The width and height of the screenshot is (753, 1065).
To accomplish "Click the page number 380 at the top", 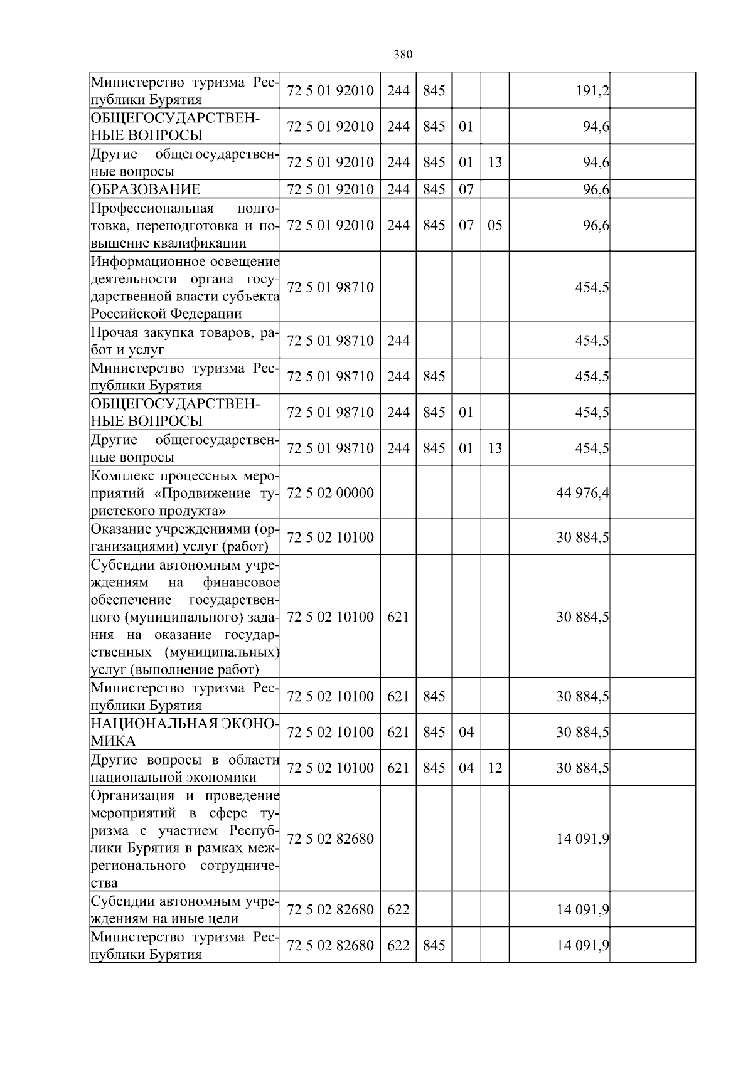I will (x=403, y=55).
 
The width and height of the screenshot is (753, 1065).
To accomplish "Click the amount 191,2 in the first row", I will (x=592, y=91).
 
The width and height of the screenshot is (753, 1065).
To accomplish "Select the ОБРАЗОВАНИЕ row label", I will (x=146, y=189).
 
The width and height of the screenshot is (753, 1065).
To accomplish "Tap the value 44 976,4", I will (x=582, y=493).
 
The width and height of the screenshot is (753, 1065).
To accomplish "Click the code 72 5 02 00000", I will (x=330, y=493).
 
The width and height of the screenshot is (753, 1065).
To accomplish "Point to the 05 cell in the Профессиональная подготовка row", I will (x=494, y=225).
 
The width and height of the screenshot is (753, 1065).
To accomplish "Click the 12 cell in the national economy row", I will (x=494, y=768).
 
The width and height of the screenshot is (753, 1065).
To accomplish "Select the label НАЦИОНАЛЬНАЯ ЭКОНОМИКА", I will (x=184, y=732).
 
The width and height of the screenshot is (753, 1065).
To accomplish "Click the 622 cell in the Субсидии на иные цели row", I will (x=398, y=909).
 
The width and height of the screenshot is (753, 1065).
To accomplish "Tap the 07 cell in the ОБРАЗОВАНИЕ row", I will (x=466, y=189).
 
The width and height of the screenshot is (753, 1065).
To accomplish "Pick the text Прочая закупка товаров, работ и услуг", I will (x=184, y=341).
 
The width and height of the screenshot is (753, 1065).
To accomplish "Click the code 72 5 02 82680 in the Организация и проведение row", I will (x=330, y=839).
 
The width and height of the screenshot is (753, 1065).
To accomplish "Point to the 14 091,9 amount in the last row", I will (x=582, y=945).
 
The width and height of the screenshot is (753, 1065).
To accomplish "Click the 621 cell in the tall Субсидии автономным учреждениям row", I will (x=398, y=617).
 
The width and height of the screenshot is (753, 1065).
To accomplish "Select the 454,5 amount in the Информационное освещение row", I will (x=591, y=287).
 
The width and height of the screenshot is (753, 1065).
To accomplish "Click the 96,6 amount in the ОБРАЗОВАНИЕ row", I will (x=595, y=189).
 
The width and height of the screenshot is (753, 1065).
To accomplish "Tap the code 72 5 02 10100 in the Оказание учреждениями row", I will (x=330, y=538).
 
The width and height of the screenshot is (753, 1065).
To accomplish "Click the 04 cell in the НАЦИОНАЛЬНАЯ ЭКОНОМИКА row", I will (x=466, y=732).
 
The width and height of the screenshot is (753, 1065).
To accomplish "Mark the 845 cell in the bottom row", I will (x=434, y=945).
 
